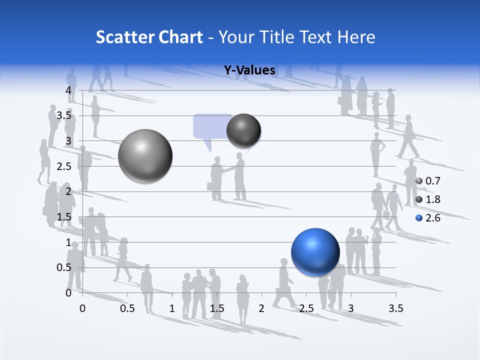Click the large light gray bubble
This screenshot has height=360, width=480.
145,156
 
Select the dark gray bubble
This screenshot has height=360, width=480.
244,130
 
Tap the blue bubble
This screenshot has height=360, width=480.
315,252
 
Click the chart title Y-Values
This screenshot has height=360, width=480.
249,70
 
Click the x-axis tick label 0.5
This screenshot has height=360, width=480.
127,308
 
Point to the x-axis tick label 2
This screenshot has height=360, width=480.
261,308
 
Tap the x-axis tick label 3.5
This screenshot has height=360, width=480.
395,308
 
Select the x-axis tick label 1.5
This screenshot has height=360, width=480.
217,308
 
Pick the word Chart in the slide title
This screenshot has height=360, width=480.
180,37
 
